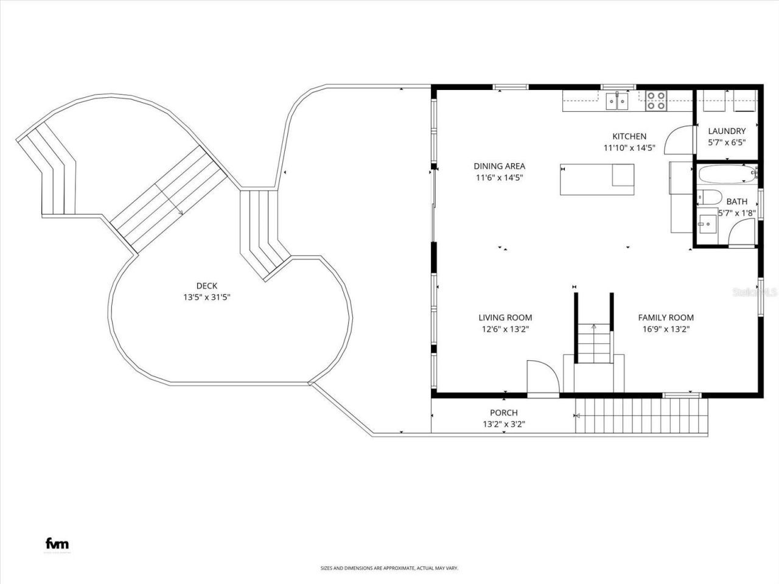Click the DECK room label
click(x=206, y=286)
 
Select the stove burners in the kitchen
click(x=655, y=100)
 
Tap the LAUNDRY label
click(x=727, y=131)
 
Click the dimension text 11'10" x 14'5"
click(x=629, y=148)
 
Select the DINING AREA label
click(x=499, y=166)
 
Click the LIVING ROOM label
click(x=505, y=318)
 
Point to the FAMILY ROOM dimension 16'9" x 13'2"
click(x=666, y=329)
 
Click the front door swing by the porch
click(x=542, y=378)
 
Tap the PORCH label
click(x=504, y=413)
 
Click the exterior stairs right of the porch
click(x=642, y=416)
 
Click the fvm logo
click(x=57, y=544)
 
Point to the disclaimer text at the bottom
click(x=389, y=568)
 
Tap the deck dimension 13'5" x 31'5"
click(x=206, y=297)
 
